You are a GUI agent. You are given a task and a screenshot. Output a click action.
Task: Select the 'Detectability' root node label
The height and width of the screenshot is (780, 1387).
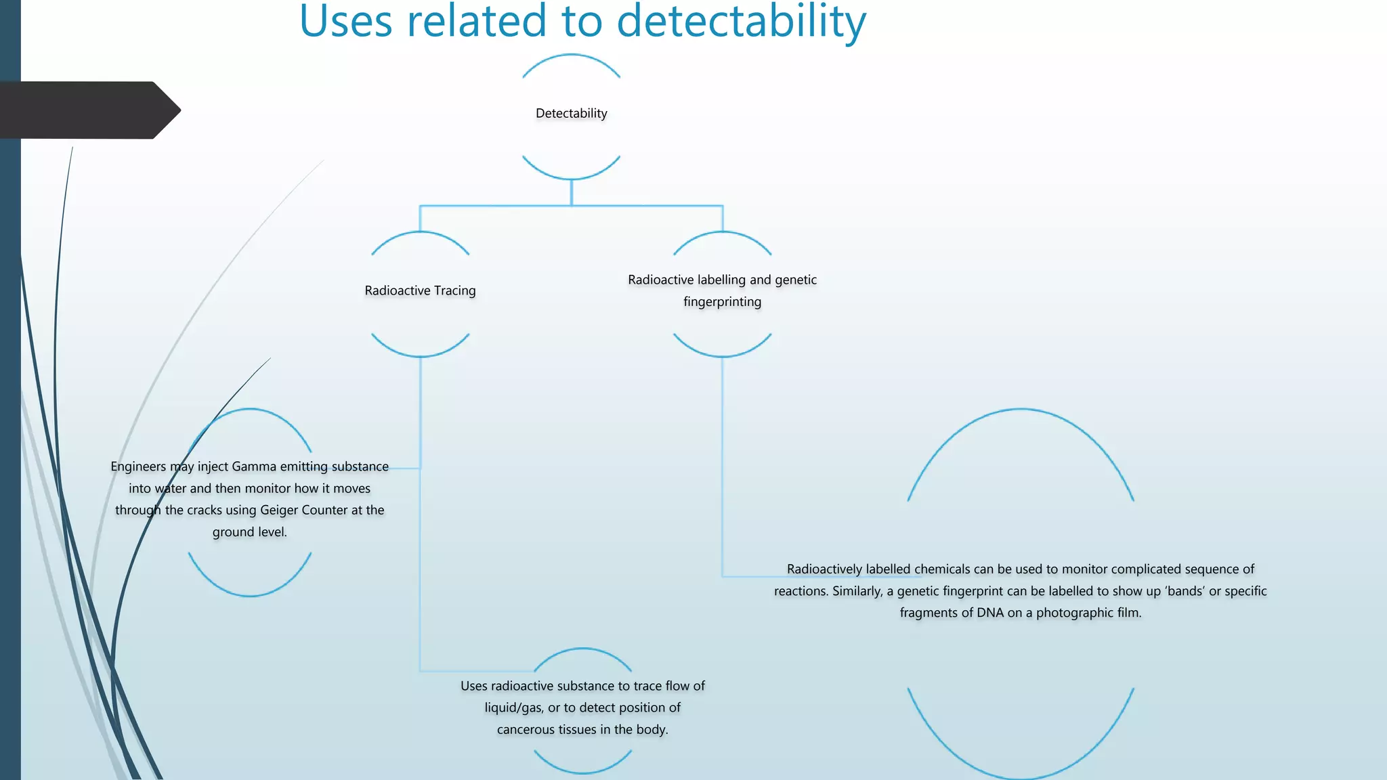[x=571, y=113]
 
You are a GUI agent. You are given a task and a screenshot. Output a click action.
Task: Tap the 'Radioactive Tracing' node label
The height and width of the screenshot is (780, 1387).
[x=420, y=290]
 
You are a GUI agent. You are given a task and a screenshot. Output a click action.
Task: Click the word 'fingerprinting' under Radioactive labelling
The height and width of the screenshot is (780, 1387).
[x=722, y=302]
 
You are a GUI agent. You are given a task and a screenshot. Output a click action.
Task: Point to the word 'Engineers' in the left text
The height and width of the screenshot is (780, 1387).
[x=138, y=467]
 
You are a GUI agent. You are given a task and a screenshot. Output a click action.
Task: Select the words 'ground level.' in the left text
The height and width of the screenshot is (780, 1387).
[x=249, y=532]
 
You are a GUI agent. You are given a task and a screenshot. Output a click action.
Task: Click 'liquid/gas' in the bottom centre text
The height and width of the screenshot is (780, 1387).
[x=513, y=708]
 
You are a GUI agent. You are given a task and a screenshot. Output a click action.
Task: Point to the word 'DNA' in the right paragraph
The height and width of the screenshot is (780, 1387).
[x=990, y=613]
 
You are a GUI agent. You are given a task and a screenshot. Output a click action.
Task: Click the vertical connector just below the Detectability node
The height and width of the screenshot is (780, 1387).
[x=571, y=192]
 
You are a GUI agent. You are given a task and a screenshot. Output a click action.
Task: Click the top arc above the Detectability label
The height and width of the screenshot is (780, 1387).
[x=571, y=56]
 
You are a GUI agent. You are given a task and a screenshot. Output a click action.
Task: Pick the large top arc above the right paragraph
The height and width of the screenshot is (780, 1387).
[x=1021, y=410]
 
